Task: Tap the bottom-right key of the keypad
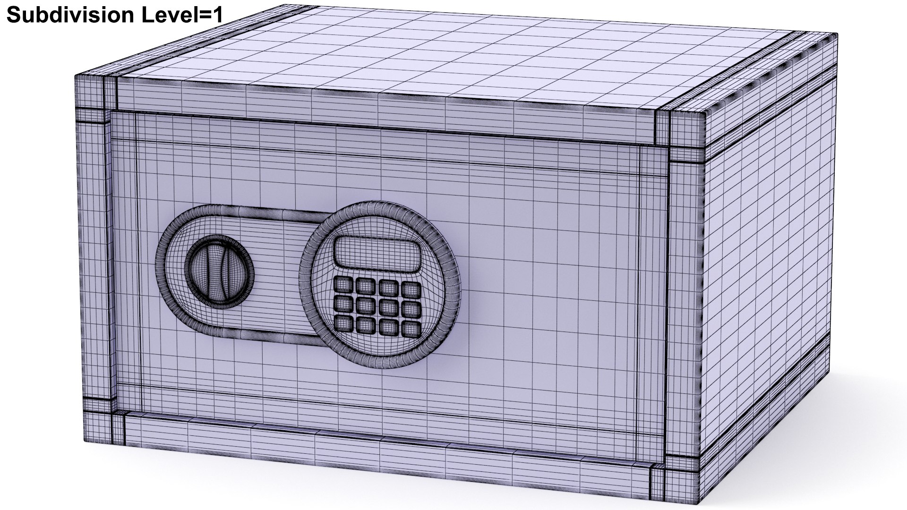[x=411, y=327]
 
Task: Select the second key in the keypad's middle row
[x=365, y=305]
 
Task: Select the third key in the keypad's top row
[x=389, y=287]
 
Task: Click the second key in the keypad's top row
[x=366, y=285]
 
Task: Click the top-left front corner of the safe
[x=77, y=76]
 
